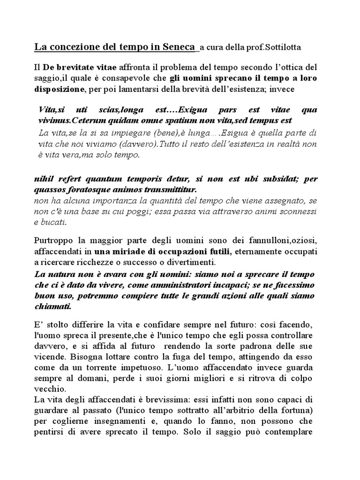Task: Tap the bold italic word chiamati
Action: [x=53, y=306]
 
